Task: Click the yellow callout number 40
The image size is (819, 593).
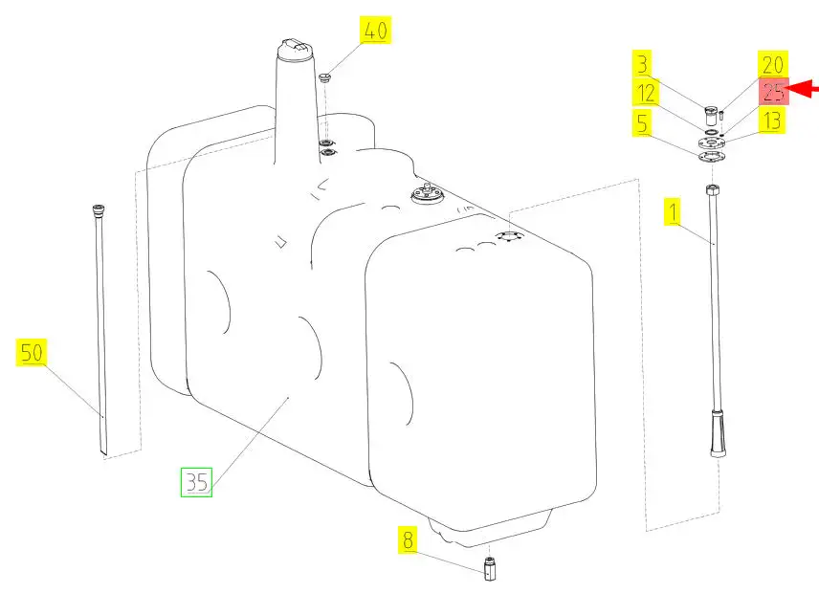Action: pos(374,30)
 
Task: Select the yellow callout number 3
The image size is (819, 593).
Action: pos(642,64)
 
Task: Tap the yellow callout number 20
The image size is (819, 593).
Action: pos(772,65)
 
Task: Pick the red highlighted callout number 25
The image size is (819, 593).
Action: pos(773,92)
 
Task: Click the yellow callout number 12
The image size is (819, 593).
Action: pos(646,93)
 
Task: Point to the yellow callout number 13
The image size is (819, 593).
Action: pos(771,120)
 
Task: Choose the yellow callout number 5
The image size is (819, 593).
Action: pos(642,122)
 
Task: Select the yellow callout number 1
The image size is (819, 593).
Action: pos(674,211)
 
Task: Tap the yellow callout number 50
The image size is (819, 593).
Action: pos(32,352)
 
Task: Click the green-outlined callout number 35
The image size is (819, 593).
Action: pos(196,482)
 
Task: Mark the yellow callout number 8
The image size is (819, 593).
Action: pos(408,539)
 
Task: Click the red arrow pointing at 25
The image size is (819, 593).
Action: pos(804,89)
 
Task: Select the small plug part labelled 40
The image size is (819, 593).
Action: pos(325,78)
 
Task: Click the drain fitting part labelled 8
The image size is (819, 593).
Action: pos(489,568)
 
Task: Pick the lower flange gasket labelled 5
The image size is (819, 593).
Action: pos(711,156)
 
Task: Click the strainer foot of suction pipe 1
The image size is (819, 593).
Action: pos(719,434)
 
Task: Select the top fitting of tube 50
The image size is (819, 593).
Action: pos(99,209)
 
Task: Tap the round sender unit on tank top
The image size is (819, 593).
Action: pos(428,194)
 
